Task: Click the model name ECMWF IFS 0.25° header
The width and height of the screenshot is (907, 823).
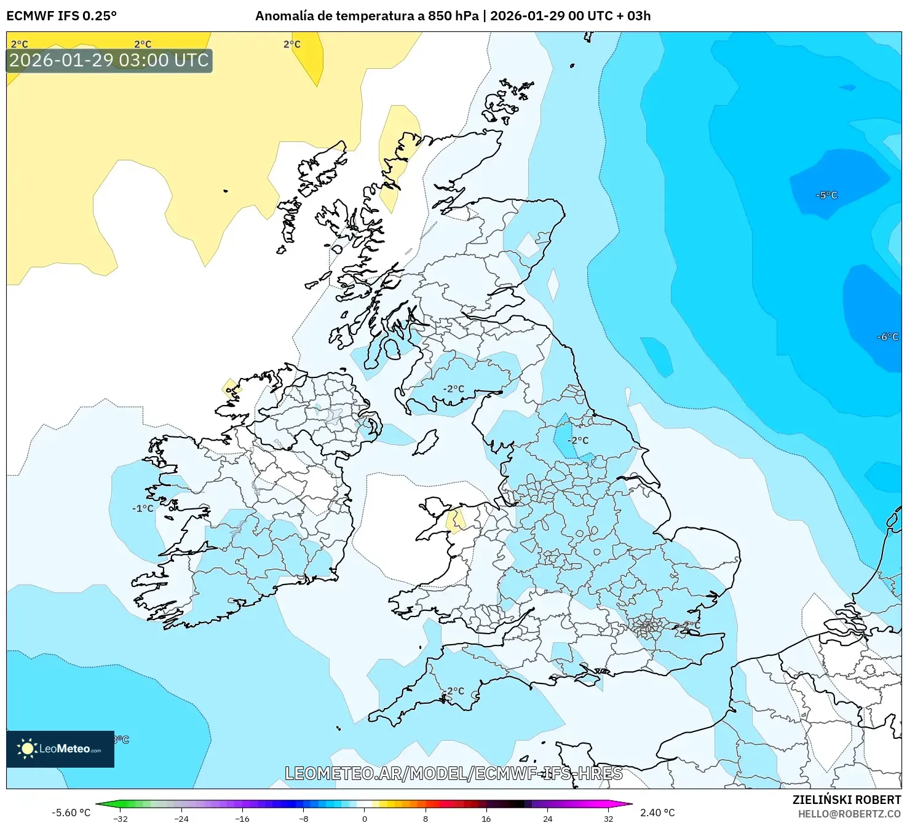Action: click(x=61, y=16)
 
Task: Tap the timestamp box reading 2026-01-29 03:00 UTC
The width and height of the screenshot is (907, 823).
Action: click(x=109, y=60)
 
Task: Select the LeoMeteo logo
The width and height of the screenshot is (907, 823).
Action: click(x=60, y=749)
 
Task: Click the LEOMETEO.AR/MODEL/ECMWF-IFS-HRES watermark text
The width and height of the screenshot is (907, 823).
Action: click(x=453, y=773)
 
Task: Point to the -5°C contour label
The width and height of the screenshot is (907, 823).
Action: click(x=826, y=195)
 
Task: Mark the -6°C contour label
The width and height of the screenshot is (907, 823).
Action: click(x=887, y=337)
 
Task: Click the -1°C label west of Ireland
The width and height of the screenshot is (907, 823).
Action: click(x=143, y=508)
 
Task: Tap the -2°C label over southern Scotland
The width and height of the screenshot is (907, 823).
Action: click(x=454, y=389)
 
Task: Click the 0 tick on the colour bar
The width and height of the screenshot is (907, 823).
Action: click(x=365, y=818)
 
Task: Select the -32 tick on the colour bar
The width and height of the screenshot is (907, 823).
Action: click(x=121, y=818)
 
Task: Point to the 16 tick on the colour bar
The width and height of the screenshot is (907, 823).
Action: click(x=486, y=818)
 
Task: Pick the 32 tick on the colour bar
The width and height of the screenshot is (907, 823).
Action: click(x=608, y=818)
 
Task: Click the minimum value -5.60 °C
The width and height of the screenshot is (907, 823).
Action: click(x=71, y=813)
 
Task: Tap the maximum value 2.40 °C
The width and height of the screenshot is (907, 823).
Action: click(x=657, y=813)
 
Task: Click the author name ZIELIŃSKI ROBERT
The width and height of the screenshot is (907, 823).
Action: click(x=846, y=800)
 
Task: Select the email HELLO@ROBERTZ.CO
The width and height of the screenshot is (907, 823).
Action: click(x=849, y=814)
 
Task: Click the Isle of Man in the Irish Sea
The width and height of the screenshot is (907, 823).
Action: click(x=426, y=442)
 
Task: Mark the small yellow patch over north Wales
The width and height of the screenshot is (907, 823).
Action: click(x=456, y=521)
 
